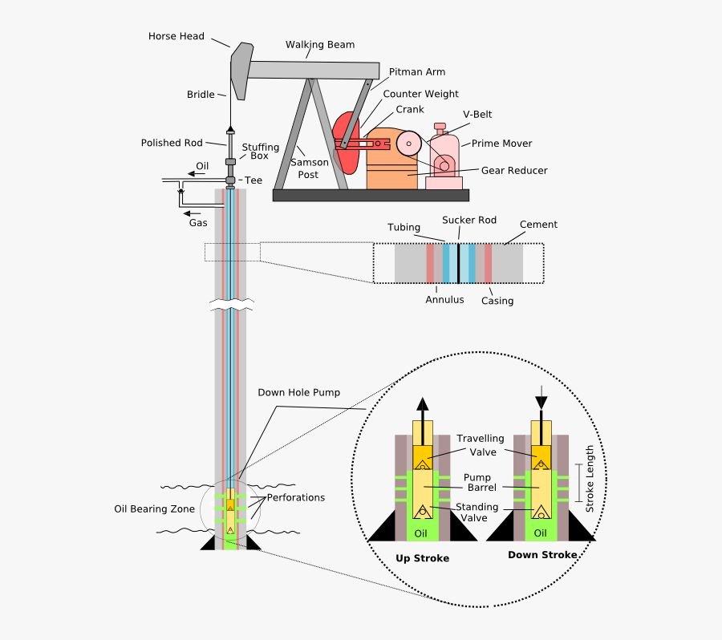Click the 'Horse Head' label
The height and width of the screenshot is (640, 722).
coord(176,36)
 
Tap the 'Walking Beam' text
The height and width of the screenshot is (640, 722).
coord(319,45)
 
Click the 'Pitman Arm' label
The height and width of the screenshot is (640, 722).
coord(416,72)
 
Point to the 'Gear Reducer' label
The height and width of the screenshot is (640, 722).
coord(514,171)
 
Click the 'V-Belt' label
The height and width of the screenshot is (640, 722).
coord(477,115)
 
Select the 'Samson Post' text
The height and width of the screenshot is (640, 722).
coord(309,168)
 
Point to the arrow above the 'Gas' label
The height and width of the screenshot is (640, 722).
coord(192,213)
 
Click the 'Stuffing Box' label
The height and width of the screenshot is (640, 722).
coord(261,152)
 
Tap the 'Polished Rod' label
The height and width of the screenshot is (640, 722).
coord(172,143)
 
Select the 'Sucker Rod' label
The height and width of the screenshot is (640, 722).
coord(469,220)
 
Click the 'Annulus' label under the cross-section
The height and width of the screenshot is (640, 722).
coord(444,300)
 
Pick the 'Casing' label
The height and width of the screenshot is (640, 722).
coord(497,301)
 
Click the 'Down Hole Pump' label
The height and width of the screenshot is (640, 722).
coord(298,393)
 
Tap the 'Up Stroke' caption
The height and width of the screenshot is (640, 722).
coord(422,558)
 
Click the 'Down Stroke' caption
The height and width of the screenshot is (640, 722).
coord(541,555)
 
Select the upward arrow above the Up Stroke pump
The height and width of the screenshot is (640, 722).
coord(423,407)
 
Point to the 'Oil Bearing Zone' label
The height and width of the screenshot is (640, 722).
coord(154,508)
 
